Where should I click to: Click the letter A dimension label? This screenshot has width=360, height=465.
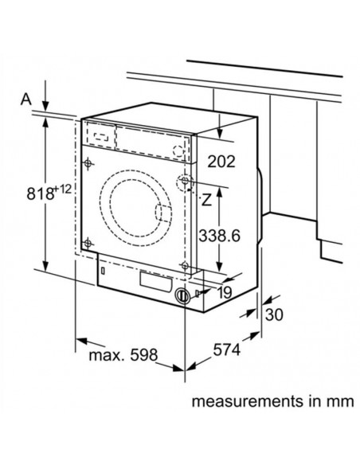pos(25,99)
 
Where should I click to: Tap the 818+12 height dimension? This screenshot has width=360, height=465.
pos(32,193)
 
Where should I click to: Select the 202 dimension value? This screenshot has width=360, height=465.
pos(222,162)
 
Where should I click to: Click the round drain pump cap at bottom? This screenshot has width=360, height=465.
pos(182,296)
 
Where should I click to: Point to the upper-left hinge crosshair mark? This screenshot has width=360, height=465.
pos(88,166)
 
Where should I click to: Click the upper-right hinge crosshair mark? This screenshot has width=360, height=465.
pos(185,184)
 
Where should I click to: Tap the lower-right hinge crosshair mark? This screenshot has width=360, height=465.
pos(185,266)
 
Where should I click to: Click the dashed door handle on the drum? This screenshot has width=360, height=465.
pos(162,214)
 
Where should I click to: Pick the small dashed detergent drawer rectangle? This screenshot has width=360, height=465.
pos(99,136)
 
